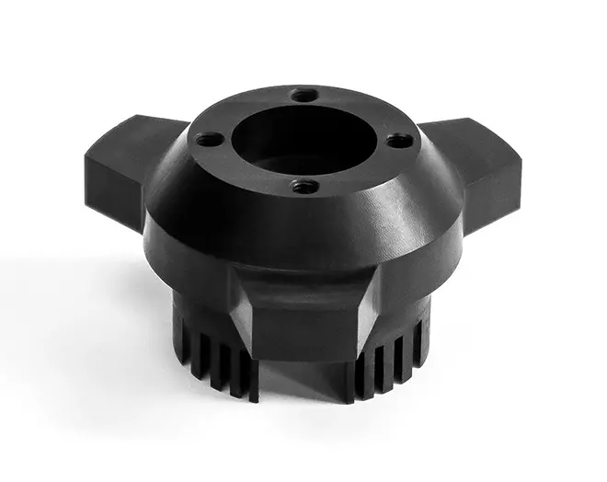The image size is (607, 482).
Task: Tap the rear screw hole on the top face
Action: pyautogui.click(x=303, y=95)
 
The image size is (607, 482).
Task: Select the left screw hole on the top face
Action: pyautogui.click(x=210, y=140)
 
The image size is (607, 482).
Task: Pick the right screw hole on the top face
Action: pyautogui.click(x=397, y=140)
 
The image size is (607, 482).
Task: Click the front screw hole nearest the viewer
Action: pyautogui.click(x=304, y=186)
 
